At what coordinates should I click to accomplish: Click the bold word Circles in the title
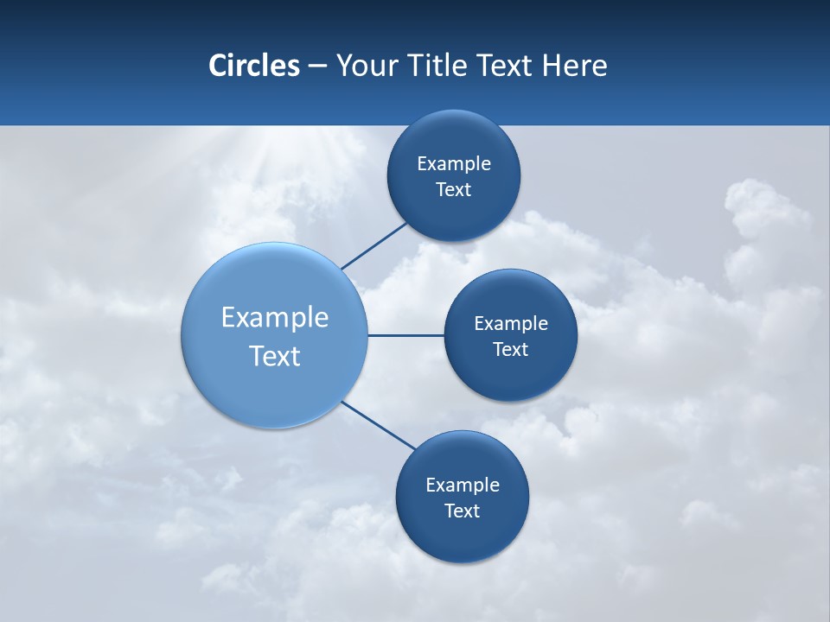[254, 66]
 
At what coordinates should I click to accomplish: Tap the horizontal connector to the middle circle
[405, 335]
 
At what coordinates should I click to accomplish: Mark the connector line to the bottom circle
[378, 425]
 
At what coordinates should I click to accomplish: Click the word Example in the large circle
[275, 318]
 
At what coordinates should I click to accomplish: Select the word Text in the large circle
[275, 356]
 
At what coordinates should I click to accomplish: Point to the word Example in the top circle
[454, 164]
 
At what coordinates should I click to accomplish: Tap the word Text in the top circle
[454, 190]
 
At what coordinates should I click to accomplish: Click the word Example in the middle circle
[511, 324]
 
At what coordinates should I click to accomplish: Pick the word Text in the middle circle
[511, 350]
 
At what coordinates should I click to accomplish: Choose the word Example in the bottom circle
[463, 486]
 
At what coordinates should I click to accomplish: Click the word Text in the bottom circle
[463, 511]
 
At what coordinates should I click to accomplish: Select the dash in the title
[317, 67]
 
